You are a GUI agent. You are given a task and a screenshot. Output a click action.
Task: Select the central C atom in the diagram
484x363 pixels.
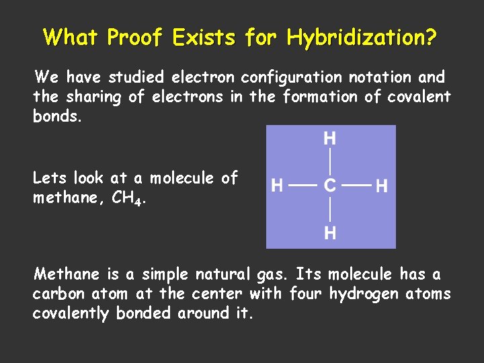tap(330, 186)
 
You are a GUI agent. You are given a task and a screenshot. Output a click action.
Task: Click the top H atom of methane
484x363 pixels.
tap(330, 139)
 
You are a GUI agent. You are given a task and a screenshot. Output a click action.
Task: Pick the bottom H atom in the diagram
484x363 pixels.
tap(330, 233)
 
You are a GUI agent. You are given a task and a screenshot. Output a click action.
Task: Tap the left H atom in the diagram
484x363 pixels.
tap(276, 186)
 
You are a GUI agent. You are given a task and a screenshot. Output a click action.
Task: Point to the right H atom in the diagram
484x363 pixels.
tap(381, 186)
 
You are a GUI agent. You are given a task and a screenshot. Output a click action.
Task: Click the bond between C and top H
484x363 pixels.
tap(330, 163)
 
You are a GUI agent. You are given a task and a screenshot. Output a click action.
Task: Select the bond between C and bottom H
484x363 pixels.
tap(330, 210)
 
